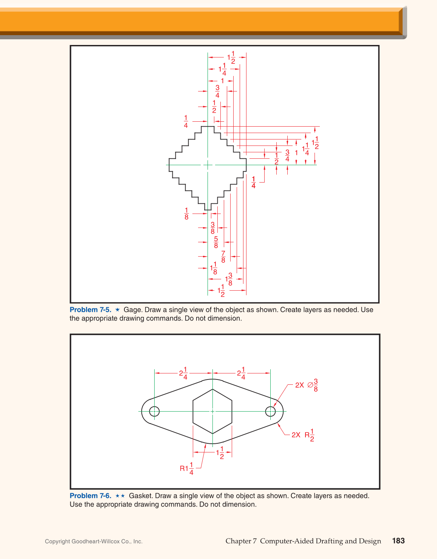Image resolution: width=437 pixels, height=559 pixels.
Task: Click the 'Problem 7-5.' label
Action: point(90,310)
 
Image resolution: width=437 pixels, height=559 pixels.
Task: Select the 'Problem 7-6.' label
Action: point(90,496)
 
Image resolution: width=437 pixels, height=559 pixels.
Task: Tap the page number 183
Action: point(398,541)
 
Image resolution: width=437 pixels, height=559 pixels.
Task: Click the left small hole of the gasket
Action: point(155,411)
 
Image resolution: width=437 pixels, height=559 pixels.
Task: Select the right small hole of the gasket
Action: point(270,411)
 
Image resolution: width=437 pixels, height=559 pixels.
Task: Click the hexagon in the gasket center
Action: point(212,411)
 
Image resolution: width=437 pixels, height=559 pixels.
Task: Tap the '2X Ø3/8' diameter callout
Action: point(307,385)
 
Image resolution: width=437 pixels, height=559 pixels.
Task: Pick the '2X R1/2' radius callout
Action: point(303,435)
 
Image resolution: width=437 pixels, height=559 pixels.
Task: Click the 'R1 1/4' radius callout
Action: point(187,469)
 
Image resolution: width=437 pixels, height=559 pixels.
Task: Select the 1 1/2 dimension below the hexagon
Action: point(220,452)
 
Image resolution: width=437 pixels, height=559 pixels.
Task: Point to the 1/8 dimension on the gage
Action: point(186,214)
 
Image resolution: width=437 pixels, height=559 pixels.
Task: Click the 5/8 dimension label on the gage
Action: point(216,242)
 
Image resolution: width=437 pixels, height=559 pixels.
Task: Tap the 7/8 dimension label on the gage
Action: point(223,257)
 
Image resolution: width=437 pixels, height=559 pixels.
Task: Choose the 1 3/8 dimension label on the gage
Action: point(229,280)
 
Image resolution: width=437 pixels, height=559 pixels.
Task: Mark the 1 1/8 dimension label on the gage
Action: point(214,268)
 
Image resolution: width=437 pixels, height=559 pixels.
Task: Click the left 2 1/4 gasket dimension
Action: point(183,373)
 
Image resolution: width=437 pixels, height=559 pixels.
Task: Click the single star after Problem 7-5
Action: point(118,310)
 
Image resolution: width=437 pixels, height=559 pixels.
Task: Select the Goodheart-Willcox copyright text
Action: point(94,542)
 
